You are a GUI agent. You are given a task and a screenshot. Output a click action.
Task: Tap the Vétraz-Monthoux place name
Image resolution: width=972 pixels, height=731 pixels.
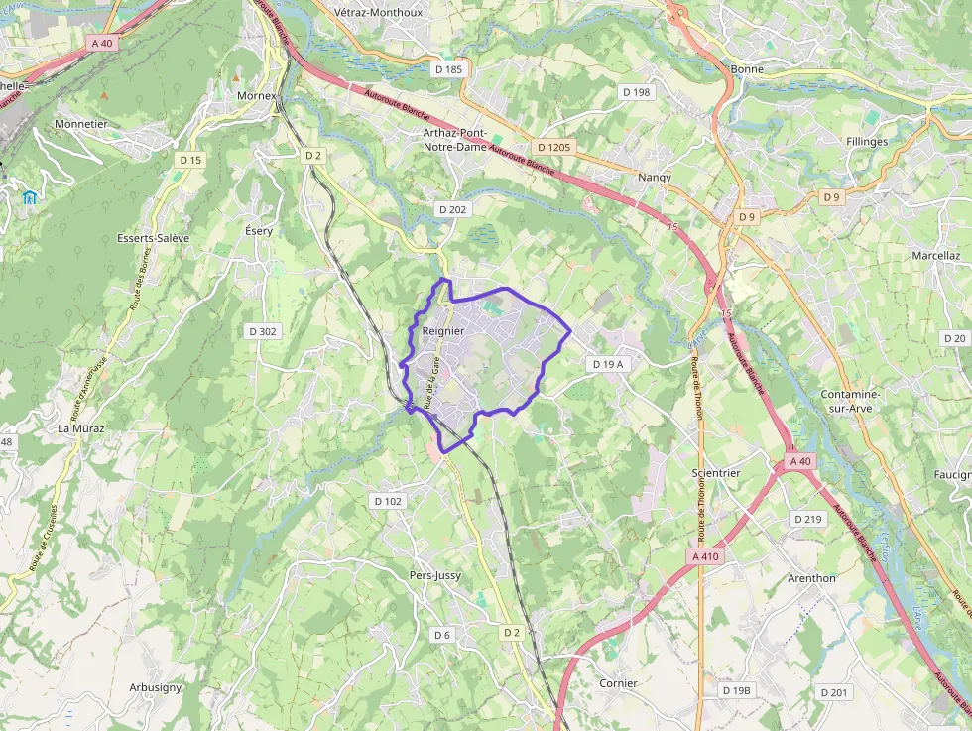click(379, 13)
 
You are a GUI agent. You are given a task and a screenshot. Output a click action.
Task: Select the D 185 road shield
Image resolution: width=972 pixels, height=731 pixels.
click(448, 69)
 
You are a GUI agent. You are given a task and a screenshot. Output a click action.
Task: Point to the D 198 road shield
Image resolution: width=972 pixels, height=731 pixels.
click(636, 92)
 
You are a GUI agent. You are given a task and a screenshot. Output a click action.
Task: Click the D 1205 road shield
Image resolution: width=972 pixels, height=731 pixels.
click(556, 147)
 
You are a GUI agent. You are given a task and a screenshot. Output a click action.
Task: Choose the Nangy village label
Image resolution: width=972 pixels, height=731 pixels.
click(655, 178)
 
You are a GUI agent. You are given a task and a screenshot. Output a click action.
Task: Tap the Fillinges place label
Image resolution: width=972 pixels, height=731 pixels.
click(867, 142)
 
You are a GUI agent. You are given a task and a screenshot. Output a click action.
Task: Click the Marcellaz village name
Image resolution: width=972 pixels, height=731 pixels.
click(935, 255)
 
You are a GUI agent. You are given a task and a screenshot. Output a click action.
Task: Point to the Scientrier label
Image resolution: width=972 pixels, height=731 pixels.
click(716, 473)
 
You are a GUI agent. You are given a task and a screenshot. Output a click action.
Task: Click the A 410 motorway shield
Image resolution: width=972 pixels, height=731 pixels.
click(704, 556)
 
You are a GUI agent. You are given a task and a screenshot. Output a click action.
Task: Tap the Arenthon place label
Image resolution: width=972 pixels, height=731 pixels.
click(811, 578)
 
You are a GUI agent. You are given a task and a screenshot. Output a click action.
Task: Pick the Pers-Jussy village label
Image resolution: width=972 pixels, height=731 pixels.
click(435, 575)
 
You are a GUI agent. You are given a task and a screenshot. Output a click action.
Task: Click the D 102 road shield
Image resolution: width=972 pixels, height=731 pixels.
click(388, 501)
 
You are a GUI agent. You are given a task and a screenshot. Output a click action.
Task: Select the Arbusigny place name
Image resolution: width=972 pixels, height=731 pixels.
click(155, 687)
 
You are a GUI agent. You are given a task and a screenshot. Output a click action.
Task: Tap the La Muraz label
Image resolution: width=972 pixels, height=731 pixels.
click(80, 428)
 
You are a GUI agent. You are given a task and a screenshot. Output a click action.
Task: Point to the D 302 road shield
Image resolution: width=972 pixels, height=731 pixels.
click(262, 331)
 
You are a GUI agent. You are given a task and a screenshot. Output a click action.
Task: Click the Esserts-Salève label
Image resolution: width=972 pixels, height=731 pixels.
click(153, 238)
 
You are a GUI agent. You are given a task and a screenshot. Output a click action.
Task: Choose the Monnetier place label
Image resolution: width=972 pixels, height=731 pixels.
click(80, 124)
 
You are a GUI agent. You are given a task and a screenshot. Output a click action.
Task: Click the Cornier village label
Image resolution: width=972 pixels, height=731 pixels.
click(618, 683)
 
